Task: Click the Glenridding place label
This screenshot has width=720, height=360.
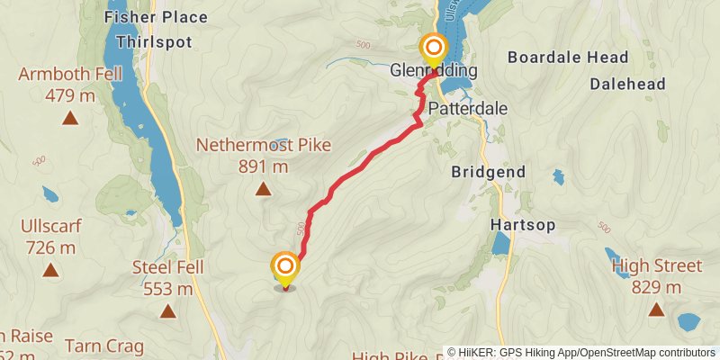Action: point(433,70)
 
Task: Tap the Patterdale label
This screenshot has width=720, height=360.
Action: point(468,108)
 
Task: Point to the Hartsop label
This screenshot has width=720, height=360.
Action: point(522,224)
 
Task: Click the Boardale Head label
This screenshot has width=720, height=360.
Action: point(568,58)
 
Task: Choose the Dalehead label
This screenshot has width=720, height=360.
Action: point(627,84)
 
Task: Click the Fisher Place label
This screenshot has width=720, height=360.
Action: point(156,17)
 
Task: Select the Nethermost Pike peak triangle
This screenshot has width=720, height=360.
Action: point(263,189)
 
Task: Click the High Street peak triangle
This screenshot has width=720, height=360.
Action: point(656,310)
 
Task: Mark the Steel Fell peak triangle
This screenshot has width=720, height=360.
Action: point(167,311)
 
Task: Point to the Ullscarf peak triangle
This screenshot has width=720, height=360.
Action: point(50,270)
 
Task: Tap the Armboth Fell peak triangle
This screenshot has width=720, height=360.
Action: point(68,118)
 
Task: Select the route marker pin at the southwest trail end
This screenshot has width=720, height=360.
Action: point(285,267)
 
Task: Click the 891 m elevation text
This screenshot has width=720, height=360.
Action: point(263,166)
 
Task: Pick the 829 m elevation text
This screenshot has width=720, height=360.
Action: point(656,287)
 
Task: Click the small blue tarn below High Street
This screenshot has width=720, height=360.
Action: point(688,321)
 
